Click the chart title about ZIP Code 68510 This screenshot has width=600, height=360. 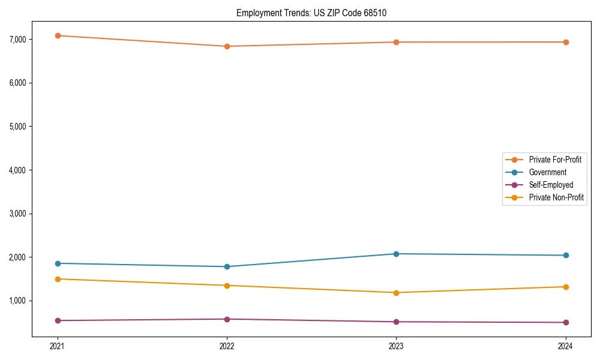coord(316,13)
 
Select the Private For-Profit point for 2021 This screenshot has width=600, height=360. coord(58,35)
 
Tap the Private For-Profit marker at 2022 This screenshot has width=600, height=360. coord(227,46)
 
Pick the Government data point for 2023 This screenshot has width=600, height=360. coord(397,254)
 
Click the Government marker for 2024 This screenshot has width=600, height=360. coord(566,256)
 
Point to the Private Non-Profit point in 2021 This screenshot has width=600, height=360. coord(58,279)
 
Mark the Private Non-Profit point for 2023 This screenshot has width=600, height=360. coord(397,293)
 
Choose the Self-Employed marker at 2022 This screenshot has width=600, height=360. coord(227,319)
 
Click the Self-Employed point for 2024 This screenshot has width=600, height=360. coord(566,322)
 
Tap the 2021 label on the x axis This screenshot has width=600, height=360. coord(58,346)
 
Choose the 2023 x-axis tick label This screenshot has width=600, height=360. coord(397,346)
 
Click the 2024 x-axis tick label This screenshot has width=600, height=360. coord(566,346)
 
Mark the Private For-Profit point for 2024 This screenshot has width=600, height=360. coord(566,42)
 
